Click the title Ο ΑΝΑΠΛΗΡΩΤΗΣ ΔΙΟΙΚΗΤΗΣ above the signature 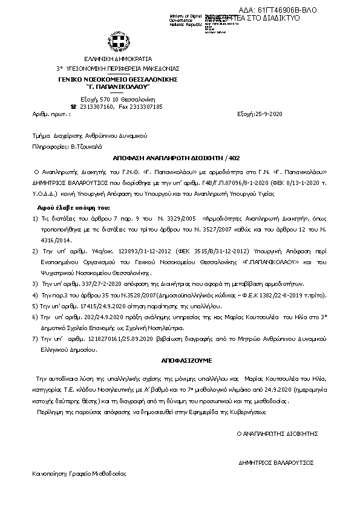[x=277, y=433]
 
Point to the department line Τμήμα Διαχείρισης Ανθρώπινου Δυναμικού [x=90, y=136]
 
